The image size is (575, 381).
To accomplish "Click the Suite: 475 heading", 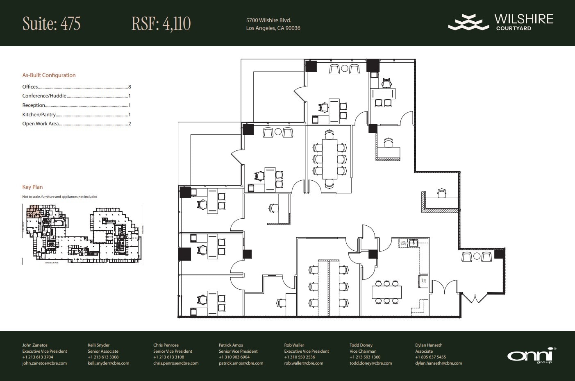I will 51,24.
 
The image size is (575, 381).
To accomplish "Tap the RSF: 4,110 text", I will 161,24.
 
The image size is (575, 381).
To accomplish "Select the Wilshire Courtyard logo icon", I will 468,22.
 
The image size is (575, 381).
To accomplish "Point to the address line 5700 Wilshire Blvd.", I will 268,20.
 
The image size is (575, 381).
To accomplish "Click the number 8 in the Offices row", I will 130,87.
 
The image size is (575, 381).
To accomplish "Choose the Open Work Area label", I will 41,124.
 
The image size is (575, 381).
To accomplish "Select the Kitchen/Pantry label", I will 39,115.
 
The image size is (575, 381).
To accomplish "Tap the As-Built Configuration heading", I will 49,75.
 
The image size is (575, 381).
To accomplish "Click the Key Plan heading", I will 32,187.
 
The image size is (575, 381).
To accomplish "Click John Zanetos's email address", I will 44,363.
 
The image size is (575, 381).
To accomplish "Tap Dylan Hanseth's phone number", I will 430,357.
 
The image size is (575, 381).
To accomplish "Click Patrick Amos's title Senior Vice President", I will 238,351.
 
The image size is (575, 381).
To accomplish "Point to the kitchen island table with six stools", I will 386,292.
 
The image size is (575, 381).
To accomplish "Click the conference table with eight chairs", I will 330,159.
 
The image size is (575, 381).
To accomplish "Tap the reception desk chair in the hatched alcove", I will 441,193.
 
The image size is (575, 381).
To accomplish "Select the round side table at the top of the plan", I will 345,69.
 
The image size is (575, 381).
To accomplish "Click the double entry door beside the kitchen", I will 445,287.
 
